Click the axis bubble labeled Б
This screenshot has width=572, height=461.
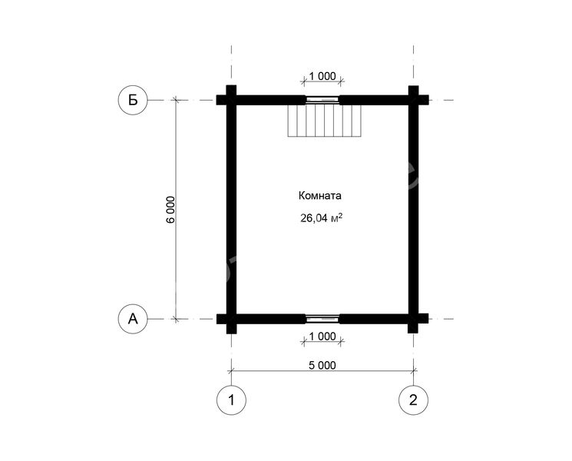click(133, 100)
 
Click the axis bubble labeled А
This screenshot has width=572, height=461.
click(133, 319)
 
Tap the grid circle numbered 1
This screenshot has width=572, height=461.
click(231, 400)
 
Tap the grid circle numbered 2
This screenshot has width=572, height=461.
click(413, 400)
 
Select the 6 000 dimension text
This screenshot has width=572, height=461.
click(170, 210)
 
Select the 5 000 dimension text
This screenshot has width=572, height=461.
click(322, 365)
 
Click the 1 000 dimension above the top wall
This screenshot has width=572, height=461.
click(322, 76)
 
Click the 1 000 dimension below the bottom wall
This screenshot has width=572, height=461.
click(322, 337)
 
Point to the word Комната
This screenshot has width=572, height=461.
click(320, 196)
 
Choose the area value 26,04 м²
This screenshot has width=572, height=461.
click(321, 218)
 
